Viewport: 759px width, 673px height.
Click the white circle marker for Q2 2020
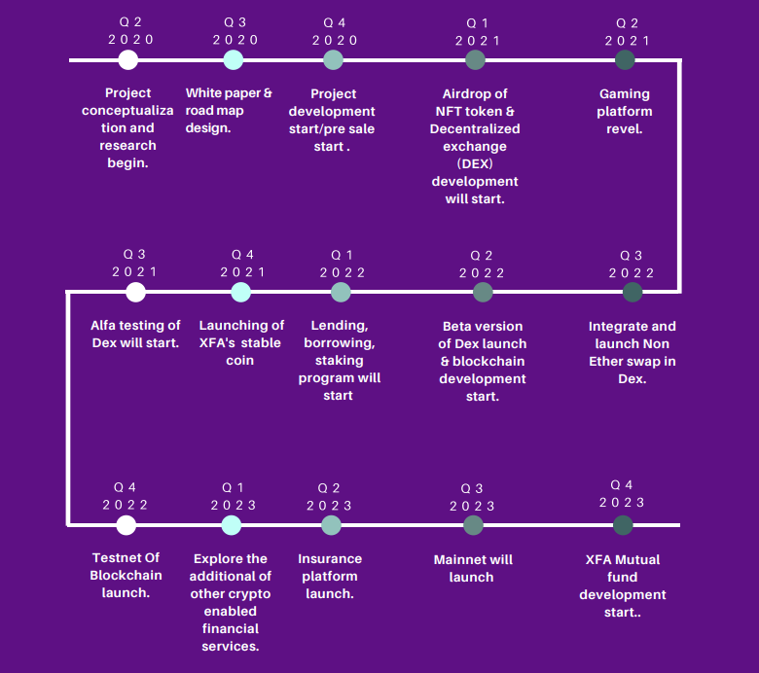tap(128, 60)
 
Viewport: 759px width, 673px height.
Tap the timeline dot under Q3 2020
tap(234, 60)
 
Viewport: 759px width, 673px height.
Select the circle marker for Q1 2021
tap(475, 60)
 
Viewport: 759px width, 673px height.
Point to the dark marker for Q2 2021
tap(625, 60)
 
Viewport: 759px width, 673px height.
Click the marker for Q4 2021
tap(241, 292)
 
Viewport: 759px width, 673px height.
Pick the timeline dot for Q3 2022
tap(632, 292)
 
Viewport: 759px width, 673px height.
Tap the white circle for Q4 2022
tap(126, 525)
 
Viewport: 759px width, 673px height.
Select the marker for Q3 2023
tap(474, 525)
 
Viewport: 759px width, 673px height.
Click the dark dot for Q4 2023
tap(623, 525)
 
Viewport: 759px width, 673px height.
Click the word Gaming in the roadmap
tap(625, 94)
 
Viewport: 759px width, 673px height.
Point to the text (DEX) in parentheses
tap(475, 164)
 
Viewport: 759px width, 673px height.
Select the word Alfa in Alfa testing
tap(102, 325)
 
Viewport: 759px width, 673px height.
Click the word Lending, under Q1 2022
tap(340, 326)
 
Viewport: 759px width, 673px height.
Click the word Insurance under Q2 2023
tap(330, 559)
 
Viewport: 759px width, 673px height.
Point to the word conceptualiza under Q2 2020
tap(127, 111)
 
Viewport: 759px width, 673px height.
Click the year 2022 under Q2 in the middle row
tap(482, 273)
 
